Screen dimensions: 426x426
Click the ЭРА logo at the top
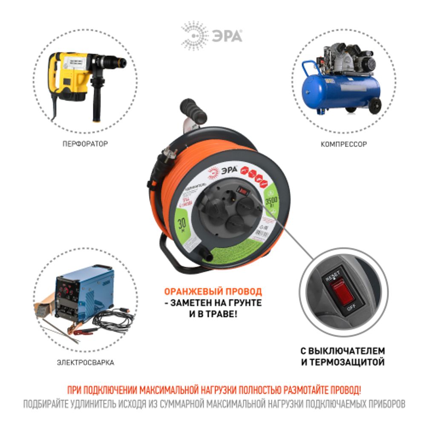pos(212,36)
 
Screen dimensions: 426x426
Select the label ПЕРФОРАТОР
pos(85,144)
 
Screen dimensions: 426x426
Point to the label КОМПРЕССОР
pos(343,144)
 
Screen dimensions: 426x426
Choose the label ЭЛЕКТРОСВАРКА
pos(86,363)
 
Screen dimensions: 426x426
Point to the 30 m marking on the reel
pos(182,223)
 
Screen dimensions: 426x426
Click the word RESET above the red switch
pos(333,275)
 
